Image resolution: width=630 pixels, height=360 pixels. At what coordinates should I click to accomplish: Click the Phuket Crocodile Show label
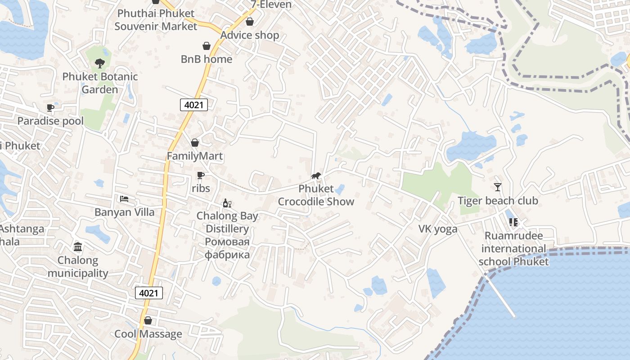pos(316,195)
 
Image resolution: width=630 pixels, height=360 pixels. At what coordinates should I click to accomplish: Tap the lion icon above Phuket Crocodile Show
pos(316,175)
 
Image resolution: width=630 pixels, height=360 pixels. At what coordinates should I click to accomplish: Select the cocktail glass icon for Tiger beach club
pos(498,187)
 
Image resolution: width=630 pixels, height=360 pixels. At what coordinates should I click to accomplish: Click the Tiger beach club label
pos(498,201)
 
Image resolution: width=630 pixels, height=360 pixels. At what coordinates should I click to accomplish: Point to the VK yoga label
pos(438,229)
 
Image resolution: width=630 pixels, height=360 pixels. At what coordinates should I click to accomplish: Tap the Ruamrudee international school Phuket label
pos(513,249)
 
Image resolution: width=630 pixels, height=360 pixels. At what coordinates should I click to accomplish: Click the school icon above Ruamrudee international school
pos(513,222)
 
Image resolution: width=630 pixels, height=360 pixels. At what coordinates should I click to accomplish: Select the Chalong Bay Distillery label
pos(227,222)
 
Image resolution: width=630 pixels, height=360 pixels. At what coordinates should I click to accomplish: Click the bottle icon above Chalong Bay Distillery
pos(227,203)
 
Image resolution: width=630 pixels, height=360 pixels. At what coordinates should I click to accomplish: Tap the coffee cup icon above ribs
pos(201,175)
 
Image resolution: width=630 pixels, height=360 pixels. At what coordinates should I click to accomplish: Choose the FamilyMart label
pos(195,156)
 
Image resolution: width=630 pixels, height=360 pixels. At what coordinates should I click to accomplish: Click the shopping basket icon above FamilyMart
pos(195,143)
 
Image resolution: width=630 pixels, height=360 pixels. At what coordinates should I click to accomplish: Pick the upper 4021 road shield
pos(194,105)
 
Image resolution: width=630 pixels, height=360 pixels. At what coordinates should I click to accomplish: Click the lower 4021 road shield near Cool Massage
pos(149,293)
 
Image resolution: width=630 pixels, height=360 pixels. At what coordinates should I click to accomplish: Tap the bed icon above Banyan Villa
pos(124,198)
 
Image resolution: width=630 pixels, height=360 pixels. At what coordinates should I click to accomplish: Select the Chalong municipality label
pos(78,267)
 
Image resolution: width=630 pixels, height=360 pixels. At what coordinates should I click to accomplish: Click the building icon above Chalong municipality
pos(78,247)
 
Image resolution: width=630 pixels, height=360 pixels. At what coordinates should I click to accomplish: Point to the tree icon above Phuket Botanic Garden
pos(100,63)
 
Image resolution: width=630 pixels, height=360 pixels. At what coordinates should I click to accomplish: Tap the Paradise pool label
pos(50,121)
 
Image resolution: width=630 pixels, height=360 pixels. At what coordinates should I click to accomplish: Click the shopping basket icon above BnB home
pos(207,46)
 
